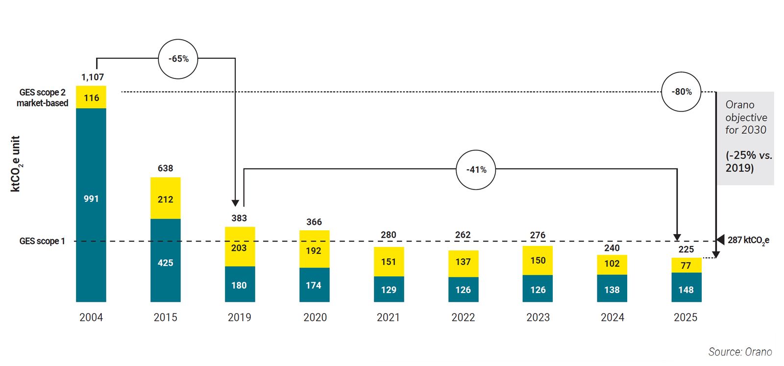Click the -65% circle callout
coord(178,59)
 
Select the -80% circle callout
coord(681,92)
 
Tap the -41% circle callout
coord(476,170)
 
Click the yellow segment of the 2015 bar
coord(166,198)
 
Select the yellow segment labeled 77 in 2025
coord(686,266)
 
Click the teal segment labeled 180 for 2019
coord(240,284)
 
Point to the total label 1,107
coord(93,77)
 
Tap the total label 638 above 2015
coord(166,168)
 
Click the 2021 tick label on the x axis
coord(388,317)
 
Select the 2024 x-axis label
coord(612,317)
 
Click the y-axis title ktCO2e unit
coord(16,164)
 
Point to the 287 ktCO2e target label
coord(748,240)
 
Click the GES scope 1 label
coord(42,241)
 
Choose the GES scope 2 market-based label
coord(43,98)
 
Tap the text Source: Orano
coord(740,352)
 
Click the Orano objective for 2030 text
coord(746,118)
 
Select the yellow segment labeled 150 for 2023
coord(538,260)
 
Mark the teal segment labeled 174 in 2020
coord(314,285)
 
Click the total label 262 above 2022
coord(463,235)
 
